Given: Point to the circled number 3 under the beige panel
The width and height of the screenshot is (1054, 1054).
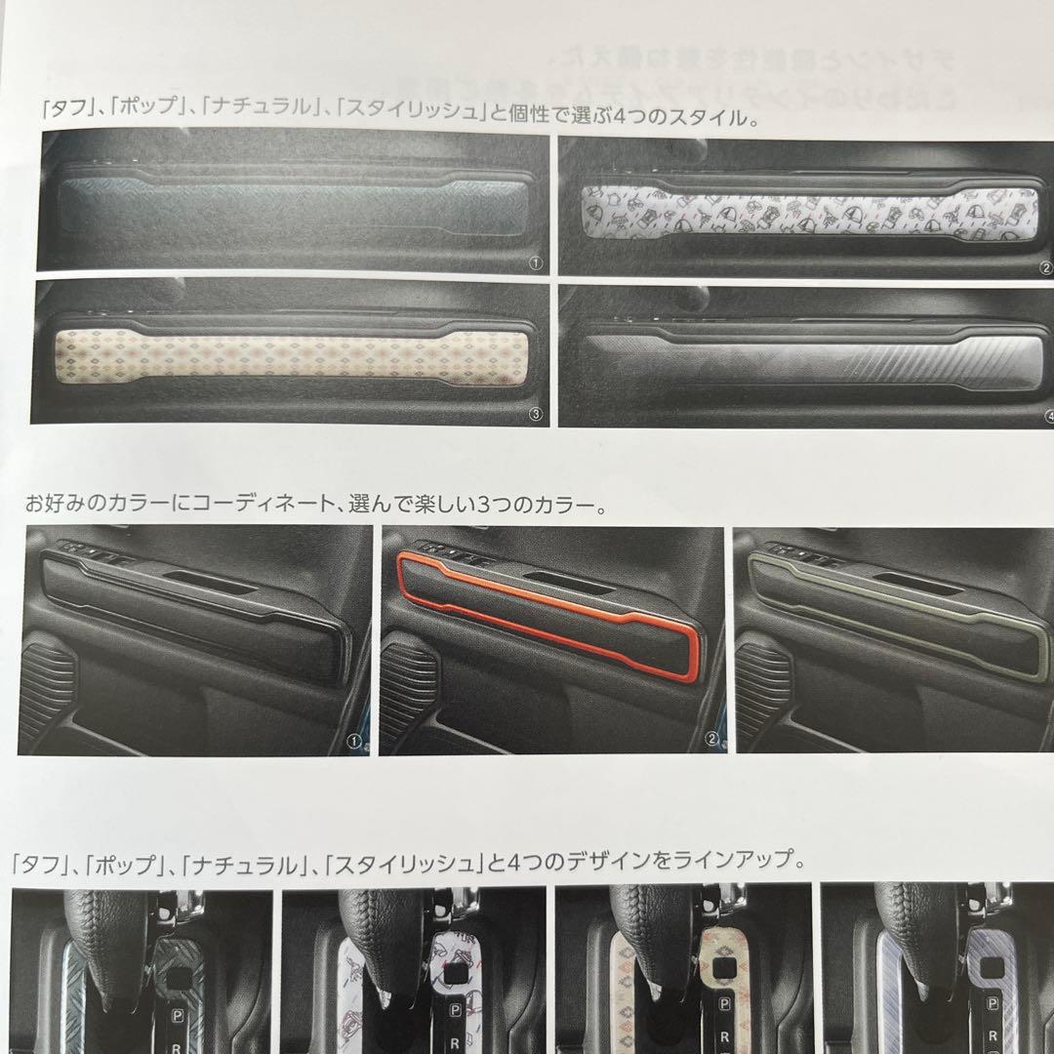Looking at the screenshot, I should (534, 414).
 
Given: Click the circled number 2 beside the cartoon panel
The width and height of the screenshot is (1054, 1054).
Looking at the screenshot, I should (1044, 264).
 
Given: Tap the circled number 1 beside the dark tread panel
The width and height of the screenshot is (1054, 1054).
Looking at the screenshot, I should (535, 263).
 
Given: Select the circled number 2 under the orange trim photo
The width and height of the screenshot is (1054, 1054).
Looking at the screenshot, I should (711, 741).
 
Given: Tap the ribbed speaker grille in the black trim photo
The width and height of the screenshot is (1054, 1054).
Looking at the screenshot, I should (47, 683).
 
